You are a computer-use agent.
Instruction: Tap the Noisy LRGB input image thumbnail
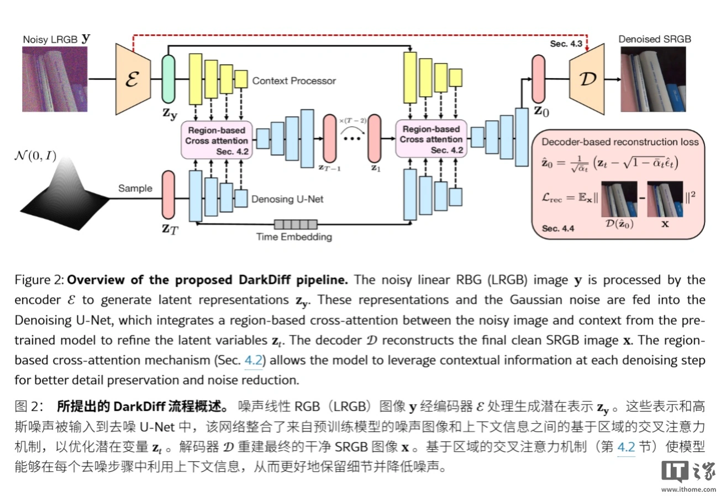(55, 79)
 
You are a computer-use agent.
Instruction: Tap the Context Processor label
(294, 81)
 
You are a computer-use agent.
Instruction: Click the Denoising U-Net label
(287, 199)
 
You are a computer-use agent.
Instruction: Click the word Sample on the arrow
(135, 188)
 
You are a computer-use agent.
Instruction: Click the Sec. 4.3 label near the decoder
(566, 43)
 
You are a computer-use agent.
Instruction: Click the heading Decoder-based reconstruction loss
(619, 142)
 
